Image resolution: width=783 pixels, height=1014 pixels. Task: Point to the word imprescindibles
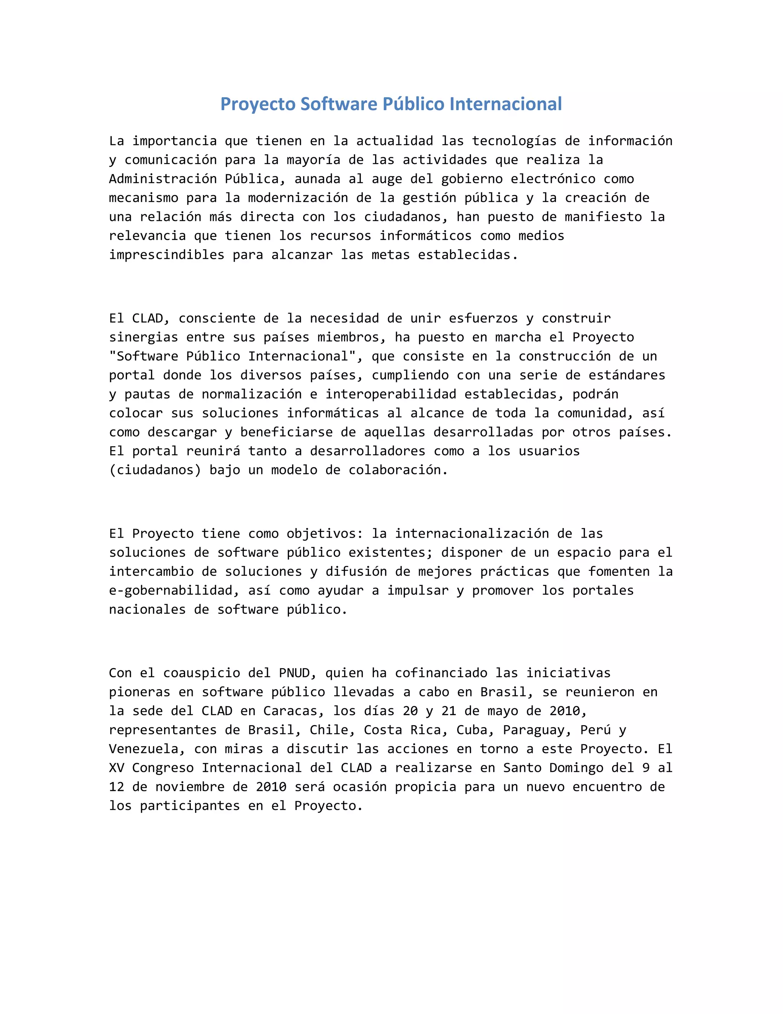pos(167,255)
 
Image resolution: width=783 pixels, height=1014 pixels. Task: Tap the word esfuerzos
pos(483,318)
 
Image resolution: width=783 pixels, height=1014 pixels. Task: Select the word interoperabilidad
pos(391,394)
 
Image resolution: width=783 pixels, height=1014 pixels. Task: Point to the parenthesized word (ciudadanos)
pos(155,470)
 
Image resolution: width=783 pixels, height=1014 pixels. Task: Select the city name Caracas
pos(290,711)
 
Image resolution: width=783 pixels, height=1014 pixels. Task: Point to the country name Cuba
pos(475,730)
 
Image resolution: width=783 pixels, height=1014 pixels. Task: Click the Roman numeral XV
pos(117,768)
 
